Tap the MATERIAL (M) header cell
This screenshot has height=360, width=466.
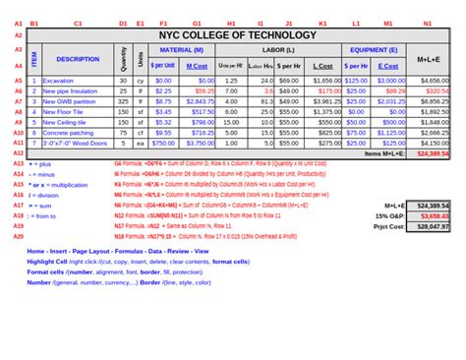181,48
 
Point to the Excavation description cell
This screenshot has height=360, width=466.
58,80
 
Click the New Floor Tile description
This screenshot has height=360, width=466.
63,111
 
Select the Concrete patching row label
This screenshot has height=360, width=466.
68,132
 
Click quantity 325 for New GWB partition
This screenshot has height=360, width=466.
123,100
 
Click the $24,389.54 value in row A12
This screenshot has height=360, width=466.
433,153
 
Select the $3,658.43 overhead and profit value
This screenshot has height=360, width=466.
433,215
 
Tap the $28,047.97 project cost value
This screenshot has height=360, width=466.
433,226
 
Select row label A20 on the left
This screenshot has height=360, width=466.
19,236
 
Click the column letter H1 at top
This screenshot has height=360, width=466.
231,22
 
